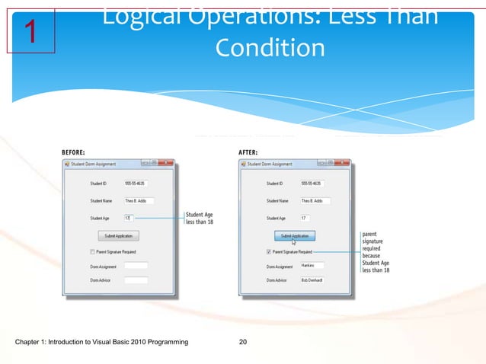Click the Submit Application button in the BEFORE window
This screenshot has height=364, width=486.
click(118, 236)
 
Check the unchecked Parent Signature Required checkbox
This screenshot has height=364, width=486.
click(93, 251)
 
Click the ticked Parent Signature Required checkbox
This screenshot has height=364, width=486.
click(269, 251)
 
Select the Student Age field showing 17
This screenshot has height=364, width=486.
click(311, 219)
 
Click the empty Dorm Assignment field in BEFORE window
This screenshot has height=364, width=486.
click(135, 266)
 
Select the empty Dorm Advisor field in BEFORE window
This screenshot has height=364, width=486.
click(135, 280)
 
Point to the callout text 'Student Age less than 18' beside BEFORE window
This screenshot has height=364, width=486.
click(200, 219)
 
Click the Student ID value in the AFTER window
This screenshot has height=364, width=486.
click(311, 184)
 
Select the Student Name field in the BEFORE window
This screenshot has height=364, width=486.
click(138, 201)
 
